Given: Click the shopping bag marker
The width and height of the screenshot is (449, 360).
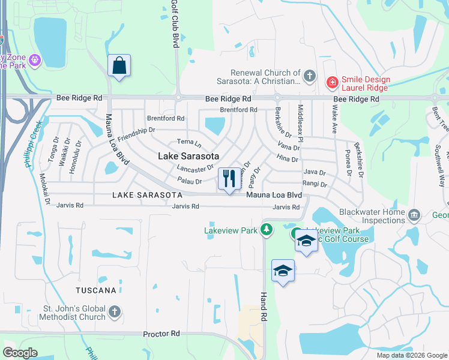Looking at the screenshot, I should point(119,65).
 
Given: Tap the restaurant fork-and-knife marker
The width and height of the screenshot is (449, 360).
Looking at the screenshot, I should point(229,178).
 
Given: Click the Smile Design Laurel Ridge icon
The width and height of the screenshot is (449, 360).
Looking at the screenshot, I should point(331,82).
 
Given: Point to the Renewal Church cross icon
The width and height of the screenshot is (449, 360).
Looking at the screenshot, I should point(309,76).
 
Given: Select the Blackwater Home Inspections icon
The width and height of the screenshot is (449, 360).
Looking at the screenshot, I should point(414,215).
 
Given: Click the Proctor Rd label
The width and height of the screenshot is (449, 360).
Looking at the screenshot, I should point(161,334).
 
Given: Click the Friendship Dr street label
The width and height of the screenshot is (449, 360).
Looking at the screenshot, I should point(136,134).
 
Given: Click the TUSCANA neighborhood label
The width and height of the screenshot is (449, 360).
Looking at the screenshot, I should point(96,290).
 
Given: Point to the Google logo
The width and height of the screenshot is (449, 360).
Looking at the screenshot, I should point(20,352).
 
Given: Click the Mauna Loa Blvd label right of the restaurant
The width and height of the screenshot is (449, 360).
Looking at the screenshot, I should point(273,195).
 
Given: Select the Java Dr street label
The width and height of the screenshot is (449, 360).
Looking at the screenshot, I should point(314,172).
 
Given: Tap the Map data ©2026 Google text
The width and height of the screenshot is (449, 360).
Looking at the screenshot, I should point(411,355).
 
